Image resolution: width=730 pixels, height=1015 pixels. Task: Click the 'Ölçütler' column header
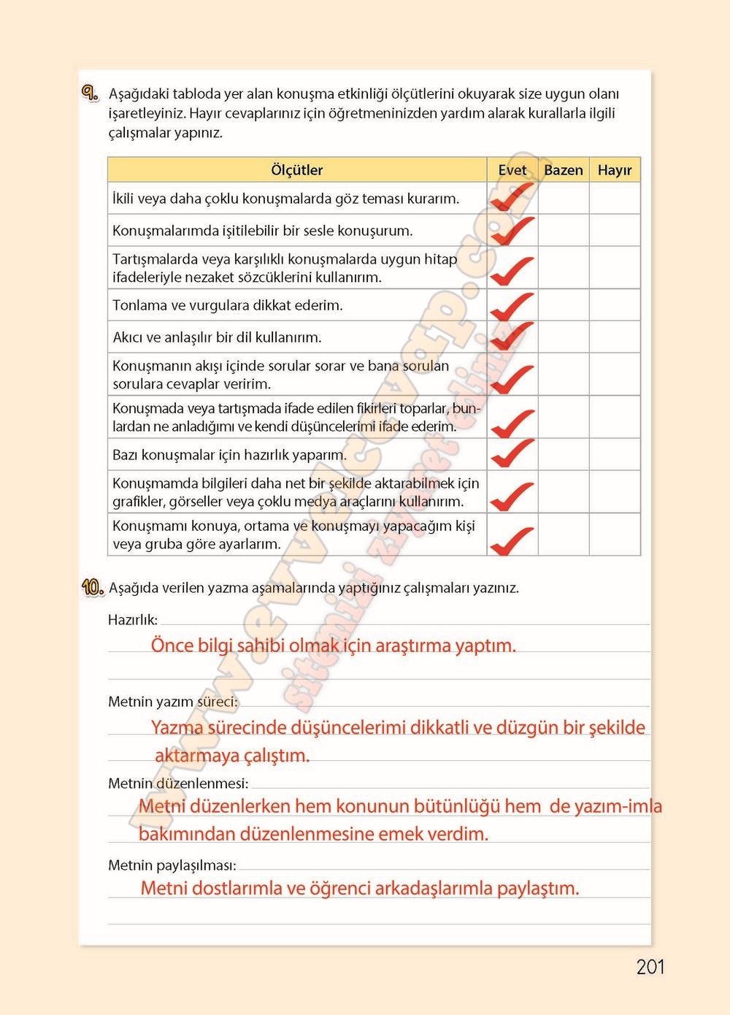296,170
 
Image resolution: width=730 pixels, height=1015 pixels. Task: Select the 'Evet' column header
512,170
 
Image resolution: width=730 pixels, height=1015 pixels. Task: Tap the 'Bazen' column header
564,170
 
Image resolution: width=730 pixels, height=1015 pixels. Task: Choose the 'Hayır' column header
615,170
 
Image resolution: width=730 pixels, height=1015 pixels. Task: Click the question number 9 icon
90,93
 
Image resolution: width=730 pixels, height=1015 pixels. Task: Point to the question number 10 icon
93,587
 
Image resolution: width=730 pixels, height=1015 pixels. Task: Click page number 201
650,967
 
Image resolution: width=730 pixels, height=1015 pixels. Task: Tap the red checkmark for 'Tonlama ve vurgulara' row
512,307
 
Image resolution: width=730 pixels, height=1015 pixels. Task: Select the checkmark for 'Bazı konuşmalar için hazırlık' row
512,453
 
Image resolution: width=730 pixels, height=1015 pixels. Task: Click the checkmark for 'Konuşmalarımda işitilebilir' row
512,231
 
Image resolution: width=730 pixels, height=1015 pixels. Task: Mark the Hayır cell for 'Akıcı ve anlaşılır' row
615,337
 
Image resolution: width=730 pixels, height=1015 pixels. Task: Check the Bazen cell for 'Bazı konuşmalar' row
564,454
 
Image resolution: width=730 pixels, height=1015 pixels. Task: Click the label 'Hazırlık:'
133,620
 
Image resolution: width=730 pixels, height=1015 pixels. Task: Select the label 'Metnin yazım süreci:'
172,702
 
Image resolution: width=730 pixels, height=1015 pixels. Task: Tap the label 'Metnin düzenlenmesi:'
178,784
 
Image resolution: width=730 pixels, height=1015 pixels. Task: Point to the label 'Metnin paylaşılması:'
172,865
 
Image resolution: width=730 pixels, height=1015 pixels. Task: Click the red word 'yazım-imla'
618,806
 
